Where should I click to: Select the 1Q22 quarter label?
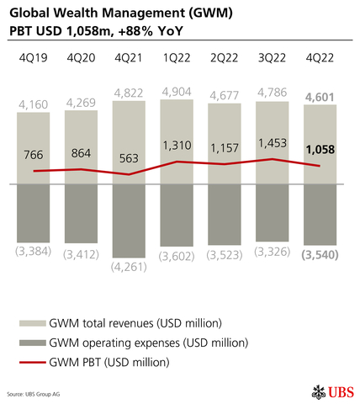pyautogui.click(x=177, y=59)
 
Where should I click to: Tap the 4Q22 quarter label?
pyautogui.click(x=320, y=59)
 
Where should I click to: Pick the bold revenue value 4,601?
pyautogui.click(x=320, y=98)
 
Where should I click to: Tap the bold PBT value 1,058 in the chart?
pyautogui.click(x=320, y=150)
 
